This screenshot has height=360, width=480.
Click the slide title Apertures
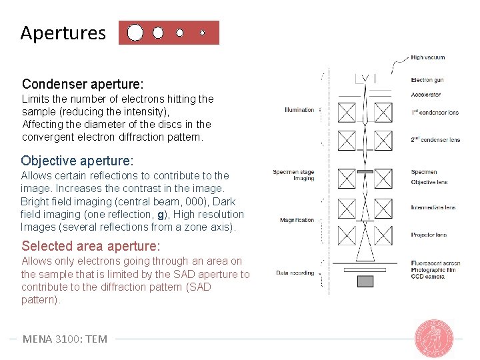[x=63, y=33]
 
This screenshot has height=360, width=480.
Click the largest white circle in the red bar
[x=135, y=33]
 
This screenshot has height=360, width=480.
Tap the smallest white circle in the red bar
[x=203, y=32]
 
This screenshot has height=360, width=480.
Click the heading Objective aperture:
[x=77, y=161]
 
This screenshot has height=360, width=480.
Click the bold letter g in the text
[x=161, y=215]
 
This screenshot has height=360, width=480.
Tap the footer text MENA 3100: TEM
[x=65, y=339]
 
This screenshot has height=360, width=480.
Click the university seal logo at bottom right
[x=434, y=337]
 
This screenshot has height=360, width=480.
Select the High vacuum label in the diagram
[x=427, y=57]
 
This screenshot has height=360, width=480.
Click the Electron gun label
[x=427, y=80]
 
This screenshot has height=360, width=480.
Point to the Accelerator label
[x=425, y=95]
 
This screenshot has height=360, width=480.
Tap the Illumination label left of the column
[x=299, y=110]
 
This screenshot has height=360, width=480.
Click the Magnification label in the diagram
[x=297, y=220]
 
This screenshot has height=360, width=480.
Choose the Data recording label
[x=295, y=273]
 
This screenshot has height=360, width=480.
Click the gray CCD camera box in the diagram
[x=365, y=281]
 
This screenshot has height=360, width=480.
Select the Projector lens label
[x=429, y=235]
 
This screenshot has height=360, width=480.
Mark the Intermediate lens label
[x=433, y=207]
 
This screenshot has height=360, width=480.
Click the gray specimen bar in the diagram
[x=365, y=172]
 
